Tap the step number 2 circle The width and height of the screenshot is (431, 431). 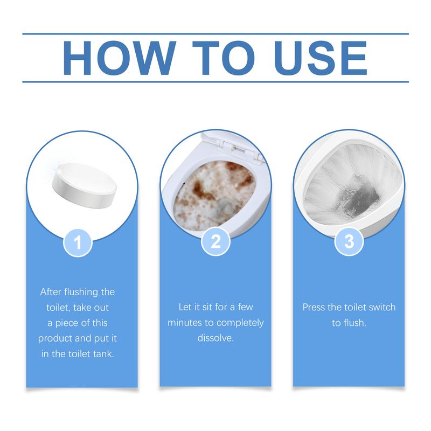point(215,242)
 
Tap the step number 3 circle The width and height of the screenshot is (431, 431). point(349,242)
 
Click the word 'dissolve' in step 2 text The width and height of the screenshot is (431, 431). point(215,339)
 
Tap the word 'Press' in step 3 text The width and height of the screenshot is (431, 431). point(314,308)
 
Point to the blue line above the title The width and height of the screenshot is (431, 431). point(215,34)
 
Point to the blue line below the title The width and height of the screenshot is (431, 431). point(215,82)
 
